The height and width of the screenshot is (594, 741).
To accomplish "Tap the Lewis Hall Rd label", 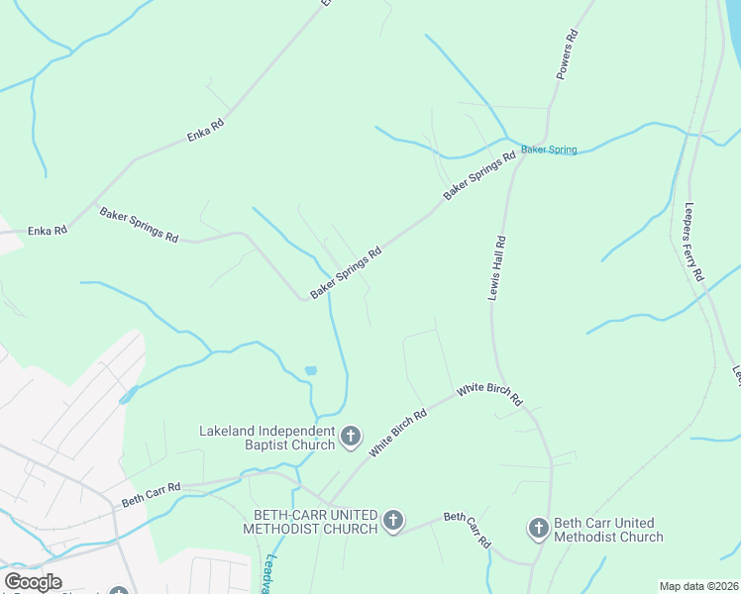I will tap(497, 269).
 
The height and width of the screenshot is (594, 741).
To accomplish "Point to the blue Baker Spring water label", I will tap(549, 149).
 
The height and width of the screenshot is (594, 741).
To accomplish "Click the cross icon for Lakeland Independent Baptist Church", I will tap(350, 437).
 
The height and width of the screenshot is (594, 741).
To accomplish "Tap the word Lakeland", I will tap(227, 431).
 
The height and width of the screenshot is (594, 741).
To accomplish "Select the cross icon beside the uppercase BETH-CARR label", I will tap(393, 521).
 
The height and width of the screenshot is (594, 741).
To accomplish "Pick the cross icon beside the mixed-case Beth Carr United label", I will tap(538, 529).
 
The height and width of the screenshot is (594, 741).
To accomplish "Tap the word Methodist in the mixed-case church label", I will tap(589, 537).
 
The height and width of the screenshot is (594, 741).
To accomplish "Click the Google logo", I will tap(33, 582).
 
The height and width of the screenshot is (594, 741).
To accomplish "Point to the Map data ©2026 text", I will tap(698, 586).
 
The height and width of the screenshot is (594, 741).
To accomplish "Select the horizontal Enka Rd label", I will tap(48, 231).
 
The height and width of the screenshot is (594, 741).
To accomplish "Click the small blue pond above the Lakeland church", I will tap(310, 370).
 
